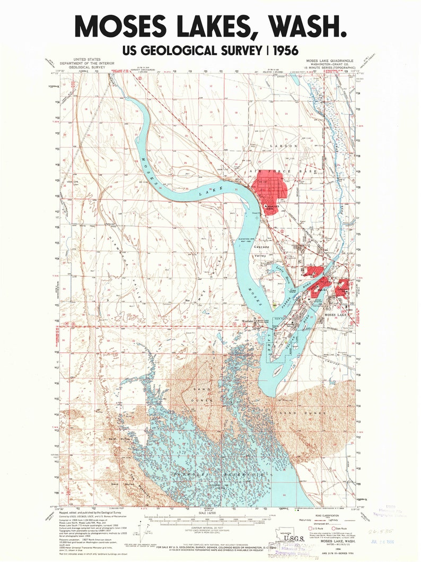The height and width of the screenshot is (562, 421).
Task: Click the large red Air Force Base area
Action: tap(271, 188)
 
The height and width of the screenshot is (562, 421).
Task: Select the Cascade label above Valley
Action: tap(261, 247)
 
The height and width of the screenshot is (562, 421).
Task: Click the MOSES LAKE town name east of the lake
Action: tap(336, 315)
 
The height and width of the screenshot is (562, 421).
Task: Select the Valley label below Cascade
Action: tap(260, 256)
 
